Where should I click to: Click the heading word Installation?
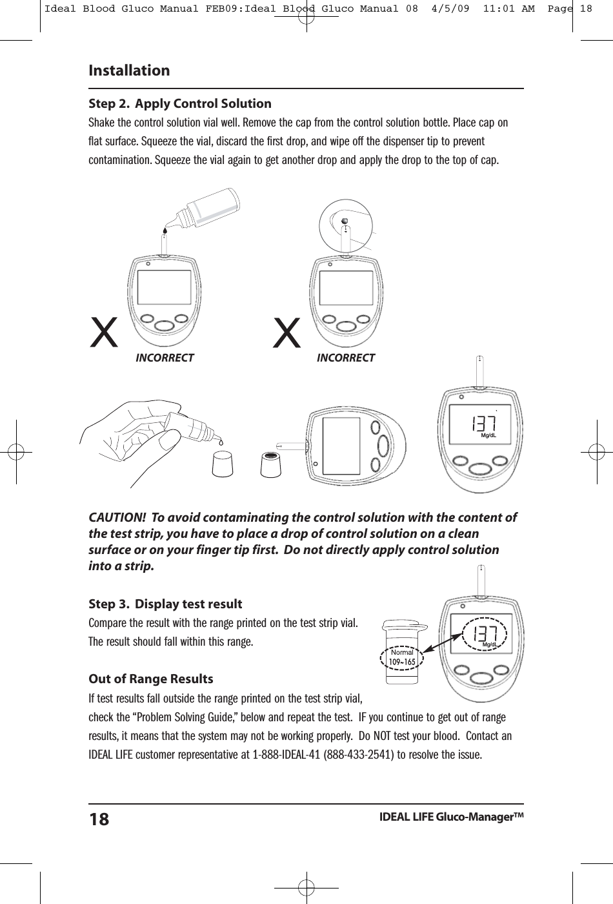point(129,70)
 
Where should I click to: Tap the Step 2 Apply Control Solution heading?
point(179,104)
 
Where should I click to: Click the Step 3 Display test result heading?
point(165,604)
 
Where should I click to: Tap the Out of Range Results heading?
point(150,679)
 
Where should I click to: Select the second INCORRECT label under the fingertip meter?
point(345,358)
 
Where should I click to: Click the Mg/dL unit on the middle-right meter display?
point(488,436)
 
